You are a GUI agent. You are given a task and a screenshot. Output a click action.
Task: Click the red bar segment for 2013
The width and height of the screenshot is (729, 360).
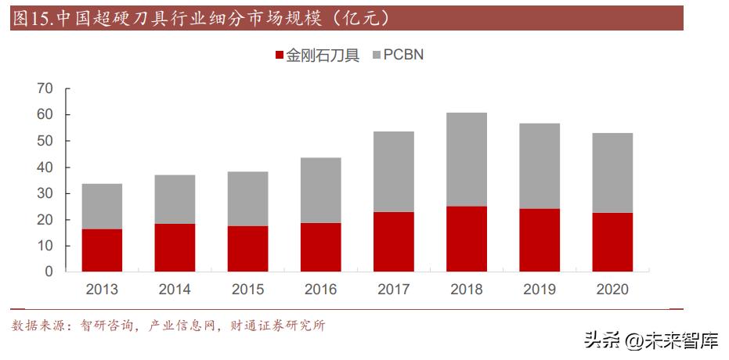point(102,250)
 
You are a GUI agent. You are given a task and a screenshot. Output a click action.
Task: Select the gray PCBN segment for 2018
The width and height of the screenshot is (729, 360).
point(467,160)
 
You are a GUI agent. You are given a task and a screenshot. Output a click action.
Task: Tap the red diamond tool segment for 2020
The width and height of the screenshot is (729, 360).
point(612,242)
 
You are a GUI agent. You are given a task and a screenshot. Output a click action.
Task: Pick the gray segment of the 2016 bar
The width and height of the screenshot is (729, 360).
point(321,190)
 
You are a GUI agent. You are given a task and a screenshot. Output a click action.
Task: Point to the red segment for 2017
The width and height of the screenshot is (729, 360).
point(394,242)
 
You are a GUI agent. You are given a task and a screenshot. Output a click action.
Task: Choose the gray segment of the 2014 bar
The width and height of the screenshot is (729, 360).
point(175,200)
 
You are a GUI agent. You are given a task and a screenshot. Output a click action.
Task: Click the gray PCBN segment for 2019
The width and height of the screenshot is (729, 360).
point(540,166)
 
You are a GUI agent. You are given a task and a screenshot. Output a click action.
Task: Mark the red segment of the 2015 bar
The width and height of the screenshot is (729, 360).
point(247,249)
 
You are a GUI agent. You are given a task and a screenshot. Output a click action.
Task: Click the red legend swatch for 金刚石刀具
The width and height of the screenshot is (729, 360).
point(279,56)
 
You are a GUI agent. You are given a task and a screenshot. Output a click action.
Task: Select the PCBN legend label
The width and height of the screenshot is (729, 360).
point(403,56)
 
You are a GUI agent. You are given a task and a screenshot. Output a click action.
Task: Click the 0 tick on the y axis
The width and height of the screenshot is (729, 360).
point(49,272)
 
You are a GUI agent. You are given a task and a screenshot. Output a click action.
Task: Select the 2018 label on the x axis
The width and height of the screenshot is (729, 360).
point(467,290)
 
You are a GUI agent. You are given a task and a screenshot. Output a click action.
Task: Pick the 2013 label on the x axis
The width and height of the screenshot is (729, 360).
point(102,290)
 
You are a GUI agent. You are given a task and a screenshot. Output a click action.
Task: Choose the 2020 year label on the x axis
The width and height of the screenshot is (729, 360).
point(612,290)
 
